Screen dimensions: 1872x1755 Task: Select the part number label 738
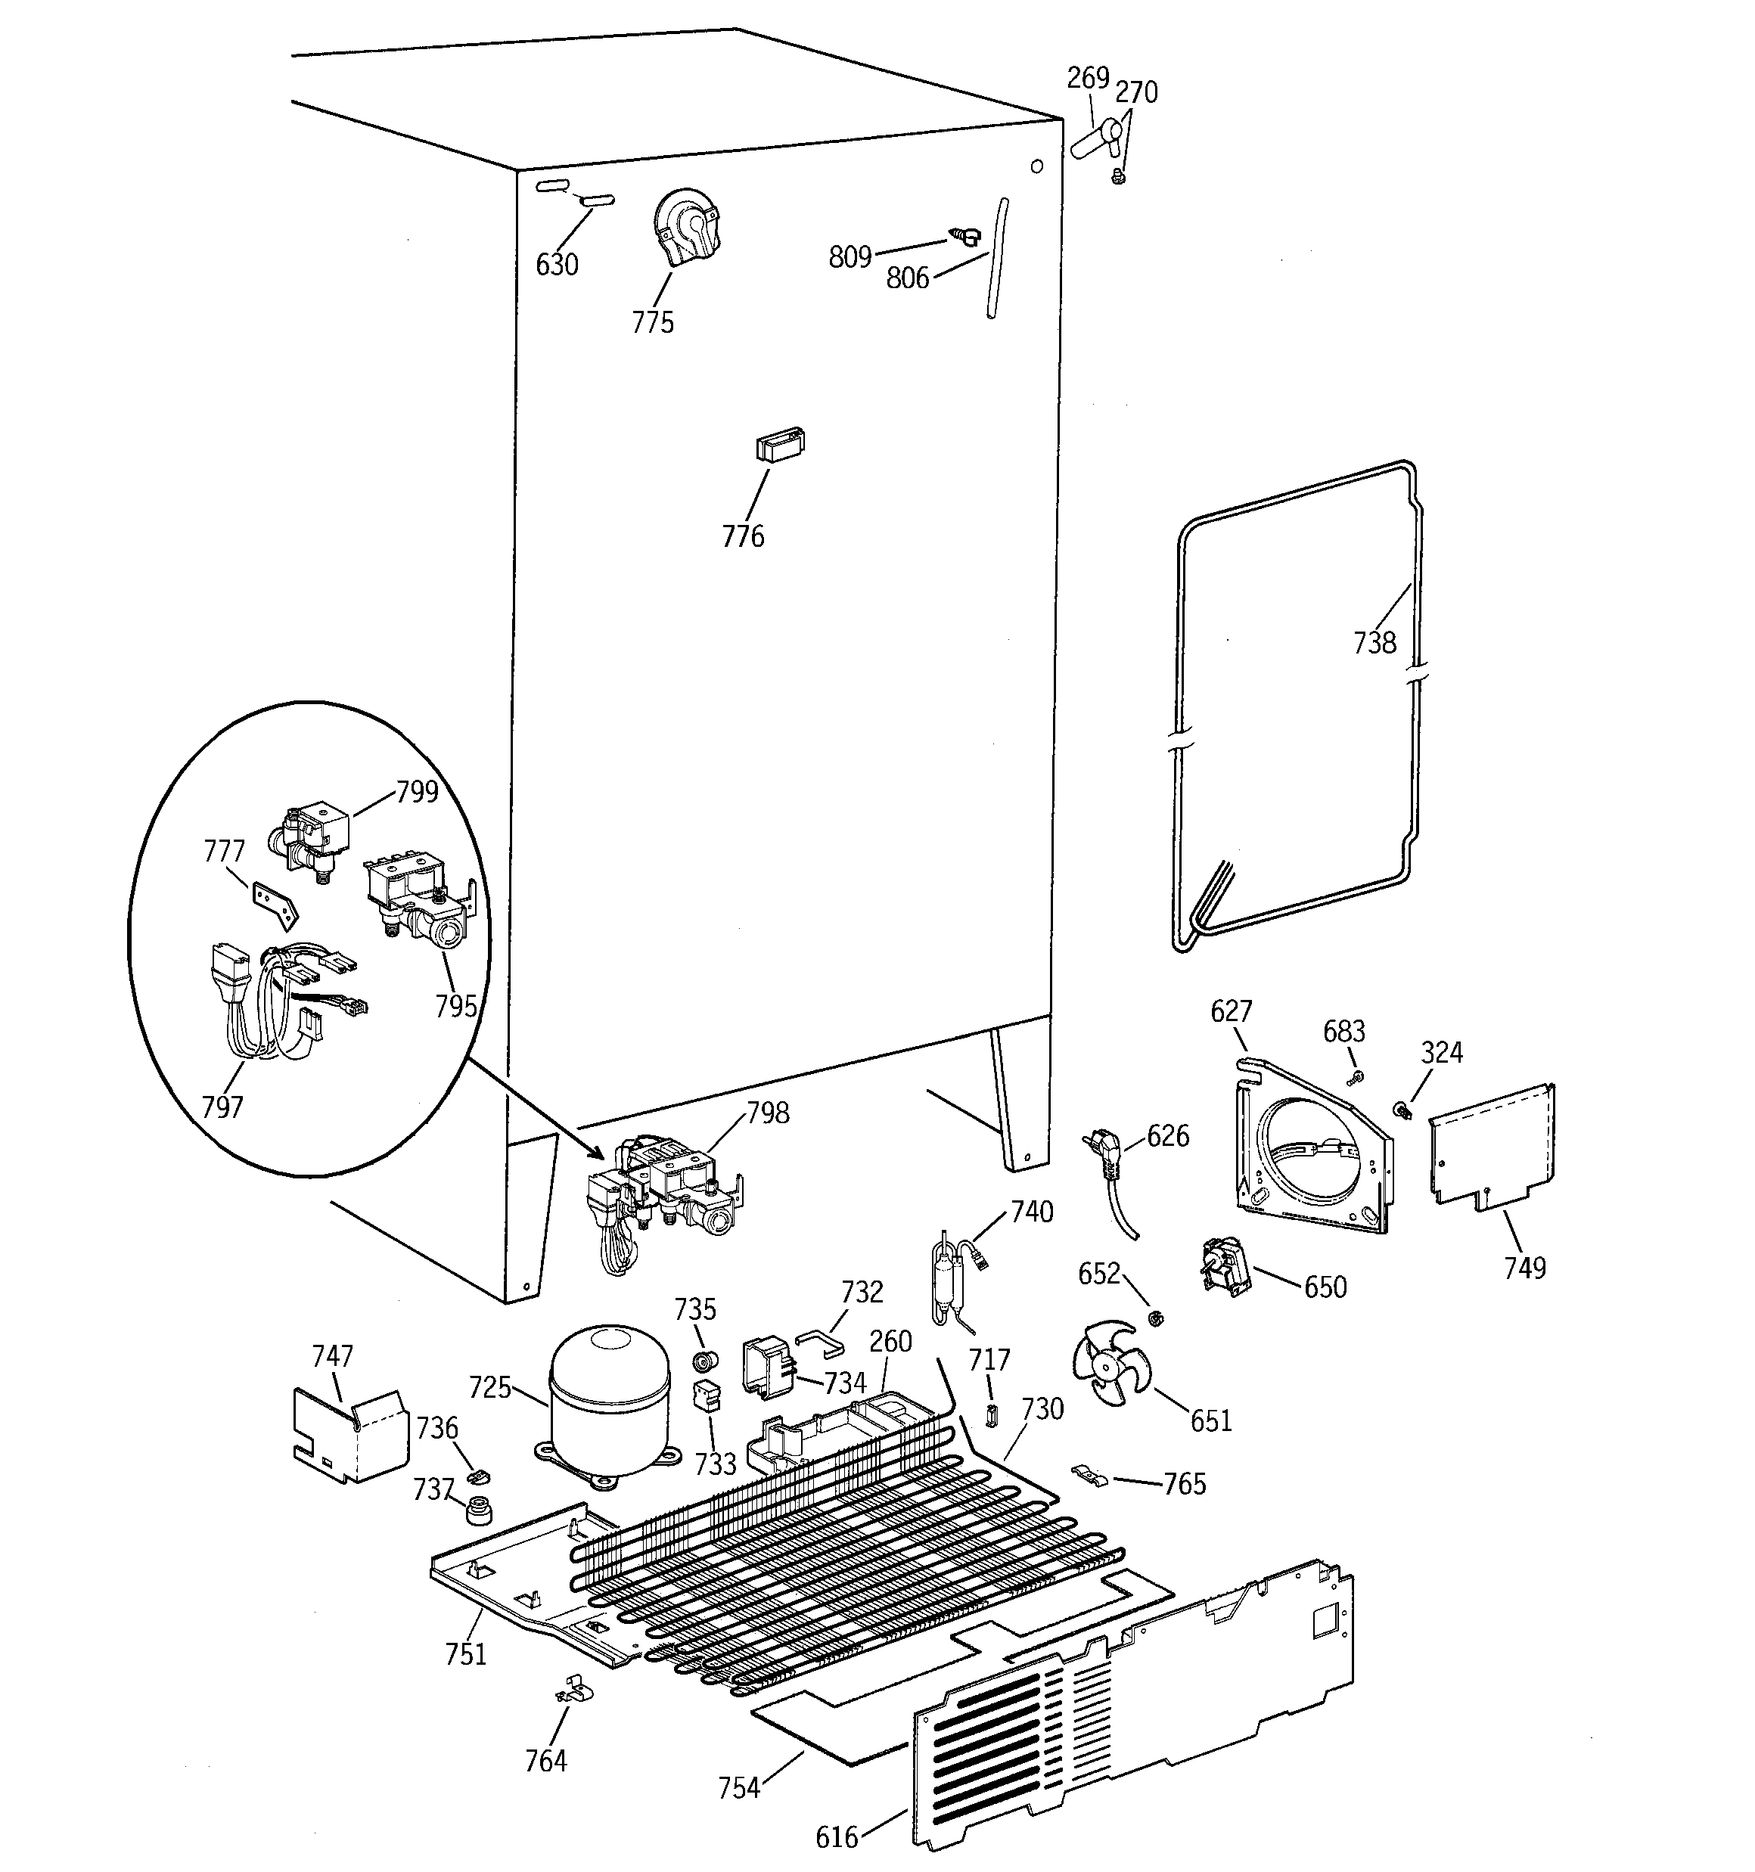1374,643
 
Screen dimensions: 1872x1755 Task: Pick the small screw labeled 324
1402,1111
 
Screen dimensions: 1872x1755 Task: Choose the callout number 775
653,323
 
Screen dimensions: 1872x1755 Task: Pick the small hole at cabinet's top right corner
1036,166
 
